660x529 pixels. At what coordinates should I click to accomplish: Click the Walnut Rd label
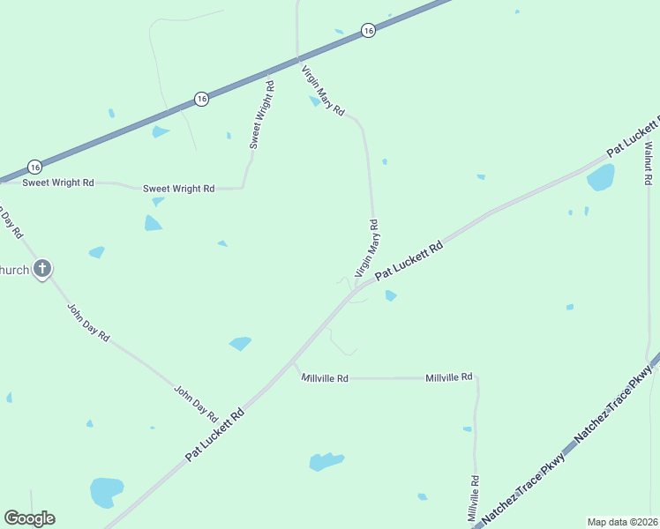pyautogui.click(x=648, y=163)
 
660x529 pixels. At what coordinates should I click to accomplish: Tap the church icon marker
pyautogui.click(x=42, y=269)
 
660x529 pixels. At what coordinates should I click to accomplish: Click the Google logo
pyautogui.click(x=29, y=518)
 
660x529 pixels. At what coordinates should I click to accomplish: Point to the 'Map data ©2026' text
pyautogui.click(x=622, y=522)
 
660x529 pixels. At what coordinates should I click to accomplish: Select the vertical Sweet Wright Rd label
pyautogui.click(x=261, y=115)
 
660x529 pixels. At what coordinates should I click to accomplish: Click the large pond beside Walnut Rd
pyautogui.click(x=601, y=177)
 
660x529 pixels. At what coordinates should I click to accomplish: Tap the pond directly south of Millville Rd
pyautogui.click(x=326, y=461)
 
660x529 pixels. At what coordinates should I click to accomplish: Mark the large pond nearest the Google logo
pyautogui.click(x=106, y=491)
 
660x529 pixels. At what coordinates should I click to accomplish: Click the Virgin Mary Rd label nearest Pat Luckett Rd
pyautogui.click(x=367, y=249)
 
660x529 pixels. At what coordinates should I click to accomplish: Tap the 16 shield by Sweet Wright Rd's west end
pyautogui.click(x=34, y=167)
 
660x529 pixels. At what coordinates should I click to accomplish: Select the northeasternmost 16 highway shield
pyautogui.click(x=368, y=31)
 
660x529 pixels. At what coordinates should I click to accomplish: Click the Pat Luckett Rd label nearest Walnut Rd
pyautogui.click(x=632, y=136)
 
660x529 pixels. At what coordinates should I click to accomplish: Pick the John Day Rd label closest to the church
pyautogui.click(x=88, y=323)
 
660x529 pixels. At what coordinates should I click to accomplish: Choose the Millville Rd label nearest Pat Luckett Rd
pyautogui.click(x=325, y=378)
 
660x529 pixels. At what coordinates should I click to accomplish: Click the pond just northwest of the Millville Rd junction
pyautogui.click(x=240, y=343)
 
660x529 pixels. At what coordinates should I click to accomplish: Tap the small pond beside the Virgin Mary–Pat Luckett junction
pyautogui.click(x=390, y=295)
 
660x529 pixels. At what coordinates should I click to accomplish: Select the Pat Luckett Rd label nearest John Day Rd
pyautogui.click(x=214, y=434)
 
